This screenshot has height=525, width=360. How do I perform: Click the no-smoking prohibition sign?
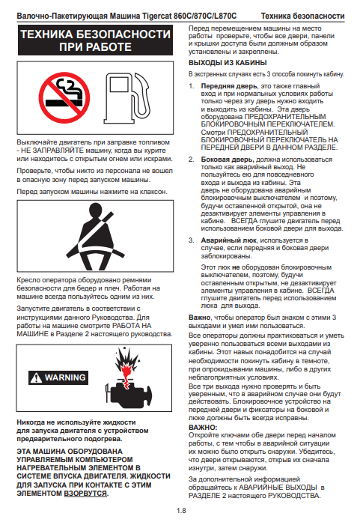(x=64, y=97)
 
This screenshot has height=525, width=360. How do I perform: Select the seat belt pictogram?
(x=95, y=236)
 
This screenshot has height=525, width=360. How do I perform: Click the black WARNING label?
(x=58, y=377)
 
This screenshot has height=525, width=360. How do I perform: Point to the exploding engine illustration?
(x=129, y=378)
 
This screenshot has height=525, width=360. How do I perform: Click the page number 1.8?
(x=181, y=511)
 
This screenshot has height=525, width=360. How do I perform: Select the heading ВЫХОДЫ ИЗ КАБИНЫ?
(x=228, y=63)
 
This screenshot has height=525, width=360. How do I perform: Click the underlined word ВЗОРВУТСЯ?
(x=85, y=494)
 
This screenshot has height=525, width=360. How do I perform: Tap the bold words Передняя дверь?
(x=229, y=86)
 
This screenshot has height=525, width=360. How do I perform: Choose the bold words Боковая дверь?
(x=228, y=160)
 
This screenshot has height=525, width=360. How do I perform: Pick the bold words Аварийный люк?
(x=229, y=240)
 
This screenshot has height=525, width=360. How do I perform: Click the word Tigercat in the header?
(x=156, y=16)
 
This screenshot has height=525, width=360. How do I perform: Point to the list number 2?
(x=191, y=160)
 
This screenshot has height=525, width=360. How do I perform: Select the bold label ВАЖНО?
(x=203, y=427)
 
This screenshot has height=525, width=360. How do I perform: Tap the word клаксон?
(x=154, y=192)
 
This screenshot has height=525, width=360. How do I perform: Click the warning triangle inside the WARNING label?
(x=36, y=377)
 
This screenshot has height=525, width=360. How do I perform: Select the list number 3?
(x=191, y=240)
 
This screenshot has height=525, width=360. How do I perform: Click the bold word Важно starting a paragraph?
(x=199, y=318)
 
